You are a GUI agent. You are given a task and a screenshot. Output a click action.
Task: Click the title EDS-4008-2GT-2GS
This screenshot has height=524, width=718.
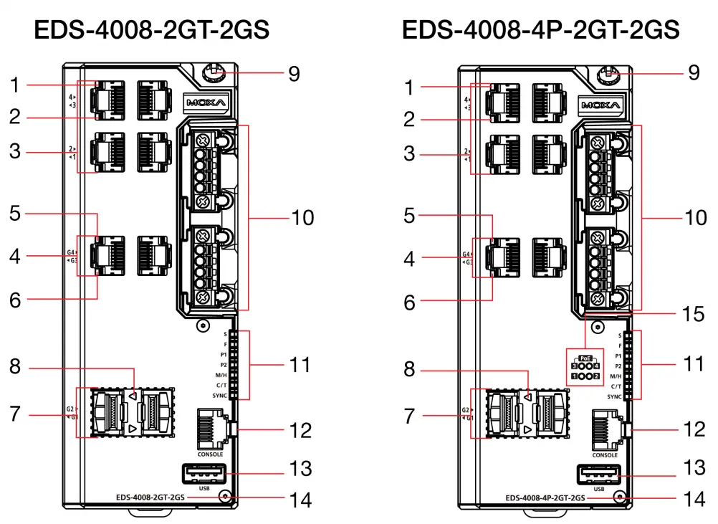pos(151,30)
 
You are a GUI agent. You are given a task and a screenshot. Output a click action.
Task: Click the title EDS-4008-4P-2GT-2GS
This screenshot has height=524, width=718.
pos(541,30)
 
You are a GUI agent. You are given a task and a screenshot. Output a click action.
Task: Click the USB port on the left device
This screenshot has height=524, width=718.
pos(204,474)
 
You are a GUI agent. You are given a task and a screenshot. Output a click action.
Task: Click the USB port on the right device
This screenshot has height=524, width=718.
pos(598,475)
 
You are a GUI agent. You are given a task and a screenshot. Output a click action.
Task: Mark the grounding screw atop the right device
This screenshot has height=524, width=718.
pos(607,73)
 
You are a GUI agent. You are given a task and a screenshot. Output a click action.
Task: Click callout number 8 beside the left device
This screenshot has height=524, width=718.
pos(15,367)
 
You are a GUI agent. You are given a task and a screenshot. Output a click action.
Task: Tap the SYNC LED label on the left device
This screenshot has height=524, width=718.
pos(220,396)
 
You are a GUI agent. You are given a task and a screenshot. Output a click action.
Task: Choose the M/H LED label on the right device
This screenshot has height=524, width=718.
pos(615,376)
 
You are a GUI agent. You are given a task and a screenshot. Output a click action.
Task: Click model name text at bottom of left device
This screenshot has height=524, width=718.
pos(151,496)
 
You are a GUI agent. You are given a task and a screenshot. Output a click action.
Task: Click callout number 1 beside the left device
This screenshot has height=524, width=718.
pos(15,85)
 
